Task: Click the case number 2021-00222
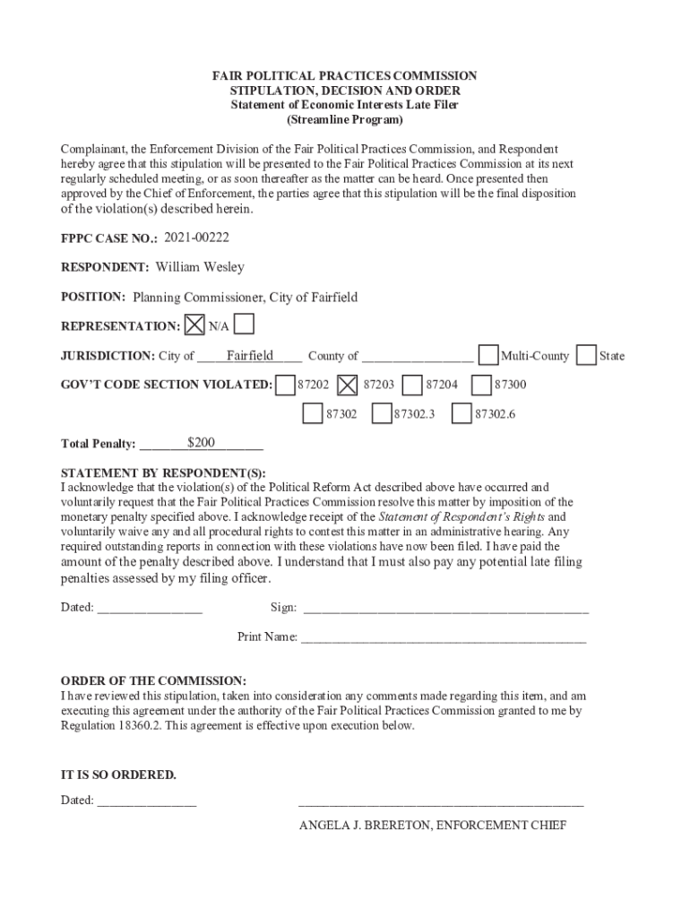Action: pos(196,237)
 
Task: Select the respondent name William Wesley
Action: pos(200,267)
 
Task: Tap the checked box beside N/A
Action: pos(194,325)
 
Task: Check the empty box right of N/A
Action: pos(243,324)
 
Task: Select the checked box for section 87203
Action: pos(349,385)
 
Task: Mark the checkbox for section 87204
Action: pos(413,385)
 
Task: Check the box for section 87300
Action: pos(481,385)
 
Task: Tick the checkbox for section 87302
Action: pos(313,414)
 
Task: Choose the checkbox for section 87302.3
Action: pos(382,414)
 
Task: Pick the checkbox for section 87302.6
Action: pos(461,414)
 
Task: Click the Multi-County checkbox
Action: pos(488,355)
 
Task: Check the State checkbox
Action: pos(586,355)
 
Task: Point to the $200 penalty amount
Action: pos(201,442)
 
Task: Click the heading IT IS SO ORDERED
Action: pos(118,775)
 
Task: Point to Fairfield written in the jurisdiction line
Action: pos(250,355)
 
